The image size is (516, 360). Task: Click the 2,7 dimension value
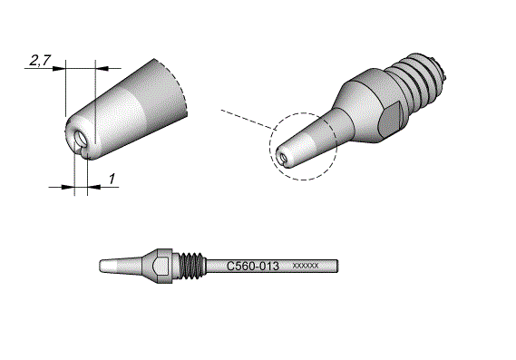(x=40, y=60)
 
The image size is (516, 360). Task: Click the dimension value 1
(x=112, y=179)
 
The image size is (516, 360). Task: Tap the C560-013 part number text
(x=253, y=266)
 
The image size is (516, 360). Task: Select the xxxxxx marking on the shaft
(x=306, y=266)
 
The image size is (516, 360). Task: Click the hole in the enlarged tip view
(x=81, y=138)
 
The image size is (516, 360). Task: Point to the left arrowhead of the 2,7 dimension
(x=59, y=68)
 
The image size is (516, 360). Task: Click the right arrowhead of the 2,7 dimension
(x=102, y=68)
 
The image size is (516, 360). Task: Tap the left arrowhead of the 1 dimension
(x=68, y=187)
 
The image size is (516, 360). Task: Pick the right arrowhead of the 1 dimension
(x=94, y=187)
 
